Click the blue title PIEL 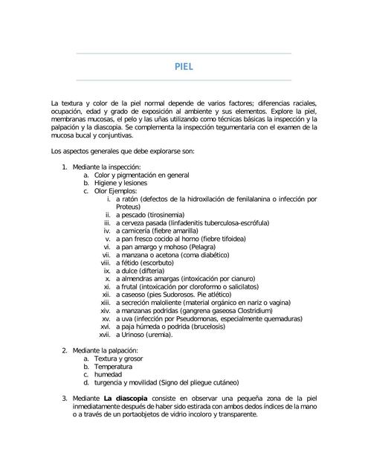coord(184,66)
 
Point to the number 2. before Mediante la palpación coord(65,350)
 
